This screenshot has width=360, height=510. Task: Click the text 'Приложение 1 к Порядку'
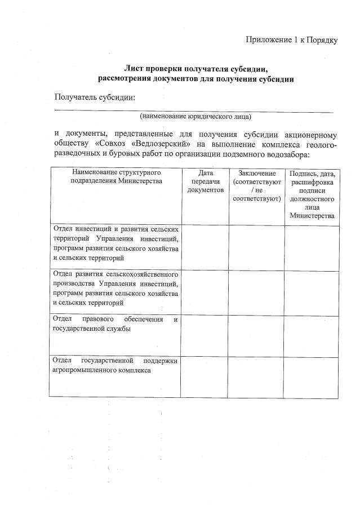pos(291,40)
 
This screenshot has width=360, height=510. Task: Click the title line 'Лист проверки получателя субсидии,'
pos(195,69)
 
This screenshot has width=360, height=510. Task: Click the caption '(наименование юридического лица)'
pos(195,117)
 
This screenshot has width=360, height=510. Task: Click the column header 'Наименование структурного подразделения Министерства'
pos(116,176)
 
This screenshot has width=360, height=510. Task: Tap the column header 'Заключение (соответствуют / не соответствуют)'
pos(256,185)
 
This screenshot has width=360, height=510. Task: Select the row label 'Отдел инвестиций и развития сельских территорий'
pos(116,243)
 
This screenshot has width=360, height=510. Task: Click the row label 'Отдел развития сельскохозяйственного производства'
pos(116,287)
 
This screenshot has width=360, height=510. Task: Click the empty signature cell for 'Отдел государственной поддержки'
pos(312,375)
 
